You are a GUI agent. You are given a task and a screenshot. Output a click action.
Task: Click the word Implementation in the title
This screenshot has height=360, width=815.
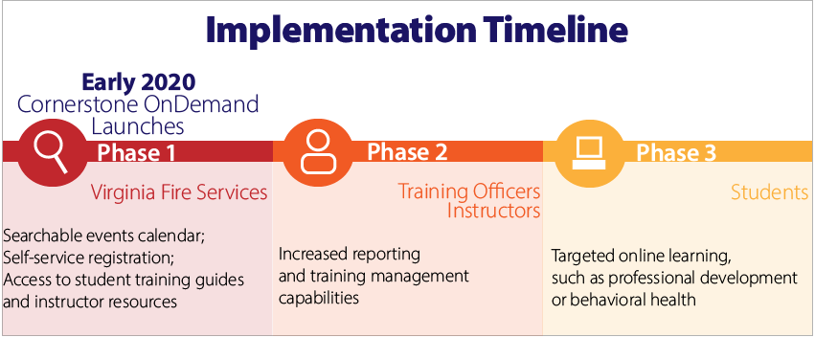pos(340,31)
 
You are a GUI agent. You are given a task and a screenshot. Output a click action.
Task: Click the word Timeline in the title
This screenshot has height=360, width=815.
pos(555,29)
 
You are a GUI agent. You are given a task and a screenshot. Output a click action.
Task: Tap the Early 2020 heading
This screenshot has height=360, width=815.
pos(139,82)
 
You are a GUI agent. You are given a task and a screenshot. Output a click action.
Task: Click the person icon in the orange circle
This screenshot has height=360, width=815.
pos(318,151)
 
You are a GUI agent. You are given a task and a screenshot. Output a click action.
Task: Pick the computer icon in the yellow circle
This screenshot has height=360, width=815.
pos(589,153)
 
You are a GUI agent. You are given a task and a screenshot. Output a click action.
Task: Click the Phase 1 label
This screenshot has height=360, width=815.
pos(136,153)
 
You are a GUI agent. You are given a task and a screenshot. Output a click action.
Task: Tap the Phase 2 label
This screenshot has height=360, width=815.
pos(407,152)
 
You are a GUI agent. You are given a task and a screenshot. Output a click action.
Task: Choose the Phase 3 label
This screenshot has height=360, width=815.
pos(676,153)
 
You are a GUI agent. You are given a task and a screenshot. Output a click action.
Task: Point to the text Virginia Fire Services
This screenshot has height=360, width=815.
pos(179,192)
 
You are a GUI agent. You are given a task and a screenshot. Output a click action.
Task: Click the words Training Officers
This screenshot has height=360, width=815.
pos(469,191)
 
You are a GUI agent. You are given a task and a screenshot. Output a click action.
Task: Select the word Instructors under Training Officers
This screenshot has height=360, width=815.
pos(494,211)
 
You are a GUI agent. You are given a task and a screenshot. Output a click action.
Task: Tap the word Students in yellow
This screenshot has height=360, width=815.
pos(770,192)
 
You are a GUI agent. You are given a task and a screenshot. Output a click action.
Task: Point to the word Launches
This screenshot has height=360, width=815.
pos(138,126)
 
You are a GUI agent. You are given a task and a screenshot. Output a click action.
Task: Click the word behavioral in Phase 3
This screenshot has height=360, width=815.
pos(604,301)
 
